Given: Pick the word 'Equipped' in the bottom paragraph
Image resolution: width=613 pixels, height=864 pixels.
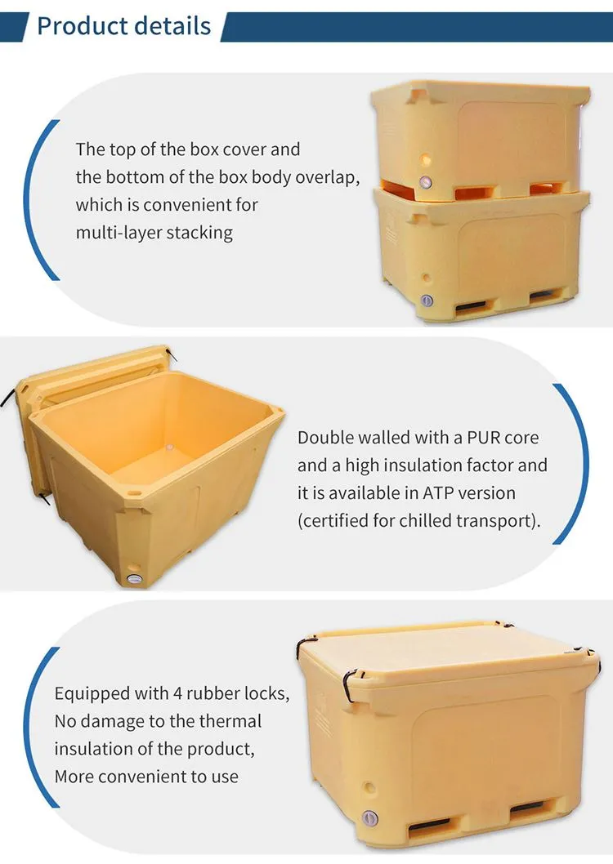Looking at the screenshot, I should click(x=88, y=694).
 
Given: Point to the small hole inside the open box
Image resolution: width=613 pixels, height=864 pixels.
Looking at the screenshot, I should click(x=170, y=448).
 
